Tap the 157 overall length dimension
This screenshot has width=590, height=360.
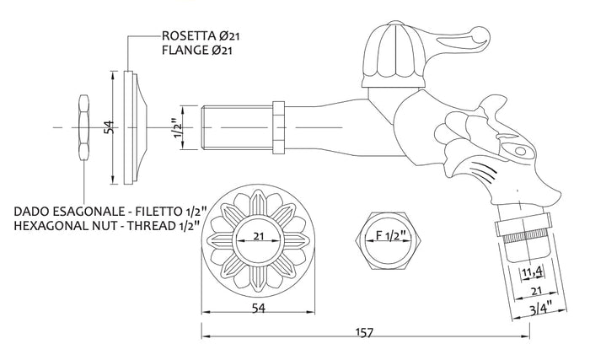(x=364, y=332)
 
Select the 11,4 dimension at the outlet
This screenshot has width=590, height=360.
(x=533, y=271)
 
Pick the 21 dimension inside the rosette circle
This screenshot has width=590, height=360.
(x=258, y=236)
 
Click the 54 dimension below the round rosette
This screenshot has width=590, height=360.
(x=259, y=308)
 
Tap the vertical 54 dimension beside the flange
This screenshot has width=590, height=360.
(x=109, y=127)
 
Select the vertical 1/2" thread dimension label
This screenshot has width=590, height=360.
(x=178, y=128)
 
